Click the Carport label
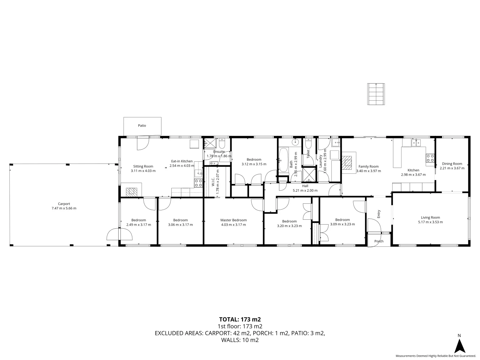(x=64, y=204)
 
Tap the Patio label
(x=142, y=126)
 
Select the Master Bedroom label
(x=233, y=220)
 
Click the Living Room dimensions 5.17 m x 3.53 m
(x=430, y=222)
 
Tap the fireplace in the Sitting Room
(x=132, y=192)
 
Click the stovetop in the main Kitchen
(x=430, y=158)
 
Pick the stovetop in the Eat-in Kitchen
(x=199, y=183)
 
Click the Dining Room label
(x=452, y=164)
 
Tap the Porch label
(x=379, y=241)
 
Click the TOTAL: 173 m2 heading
(x=240, y=319)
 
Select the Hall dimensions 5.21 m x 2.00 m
(x=305, y=191)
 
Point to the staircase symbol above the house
(x=376, y=94)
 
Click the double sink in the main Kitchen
(x=416, y=143)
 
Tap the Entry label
(x=379, y=214)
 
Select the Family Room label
(x=368, y=166)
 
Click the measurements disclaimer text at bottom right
(x=436, y=356)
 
